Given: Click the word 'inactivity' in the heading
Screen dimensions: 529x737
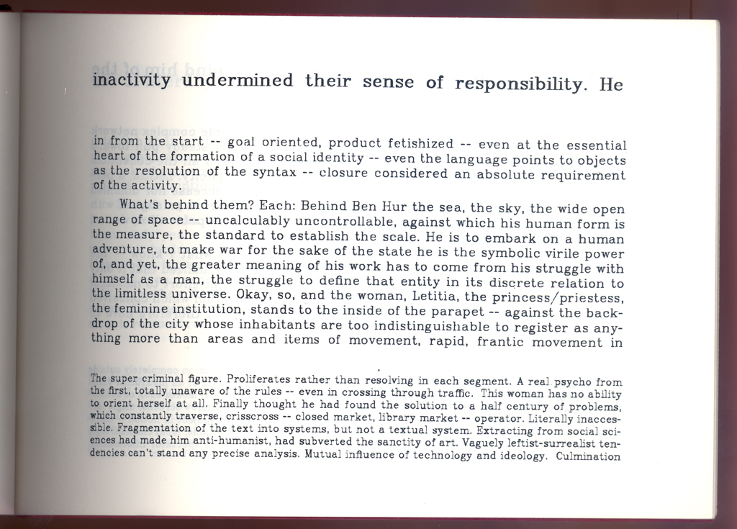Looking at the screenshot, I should pos(132,79).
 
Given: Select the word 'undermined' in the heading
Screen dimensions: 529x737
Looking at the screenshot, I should pos(238,80).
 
